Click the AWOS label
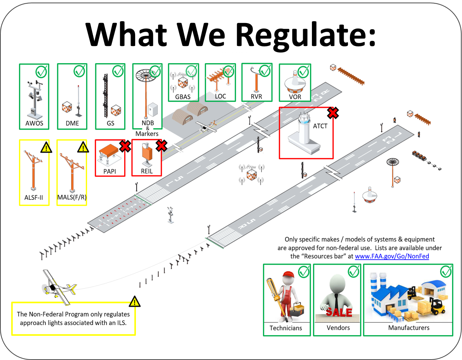tap(34, 123)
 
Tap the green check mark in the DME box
tap(79, 71)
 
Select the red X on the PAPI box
tap(125, 146)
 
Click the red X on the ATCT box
tap(333, 113)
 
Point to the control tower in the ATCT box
tap(304, 133)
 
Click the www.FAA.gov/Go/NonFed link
tap(392, 256)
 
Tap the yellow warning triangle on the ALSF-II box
tap(46, 147)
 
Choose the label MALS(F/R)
tap(72, 197)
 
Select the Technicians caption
tap(286, 328)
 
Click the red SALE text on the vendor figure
tap(339, 312)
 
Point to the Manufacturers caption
tap(409, 328)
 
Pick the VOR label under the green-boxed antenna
tap(295, 97)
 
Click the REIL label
tap(147, 171)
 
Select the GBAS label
tap(183, 97)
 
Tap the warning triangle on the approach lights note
tap(134, 302)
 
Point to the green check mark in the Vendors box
tap(353, 271)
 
